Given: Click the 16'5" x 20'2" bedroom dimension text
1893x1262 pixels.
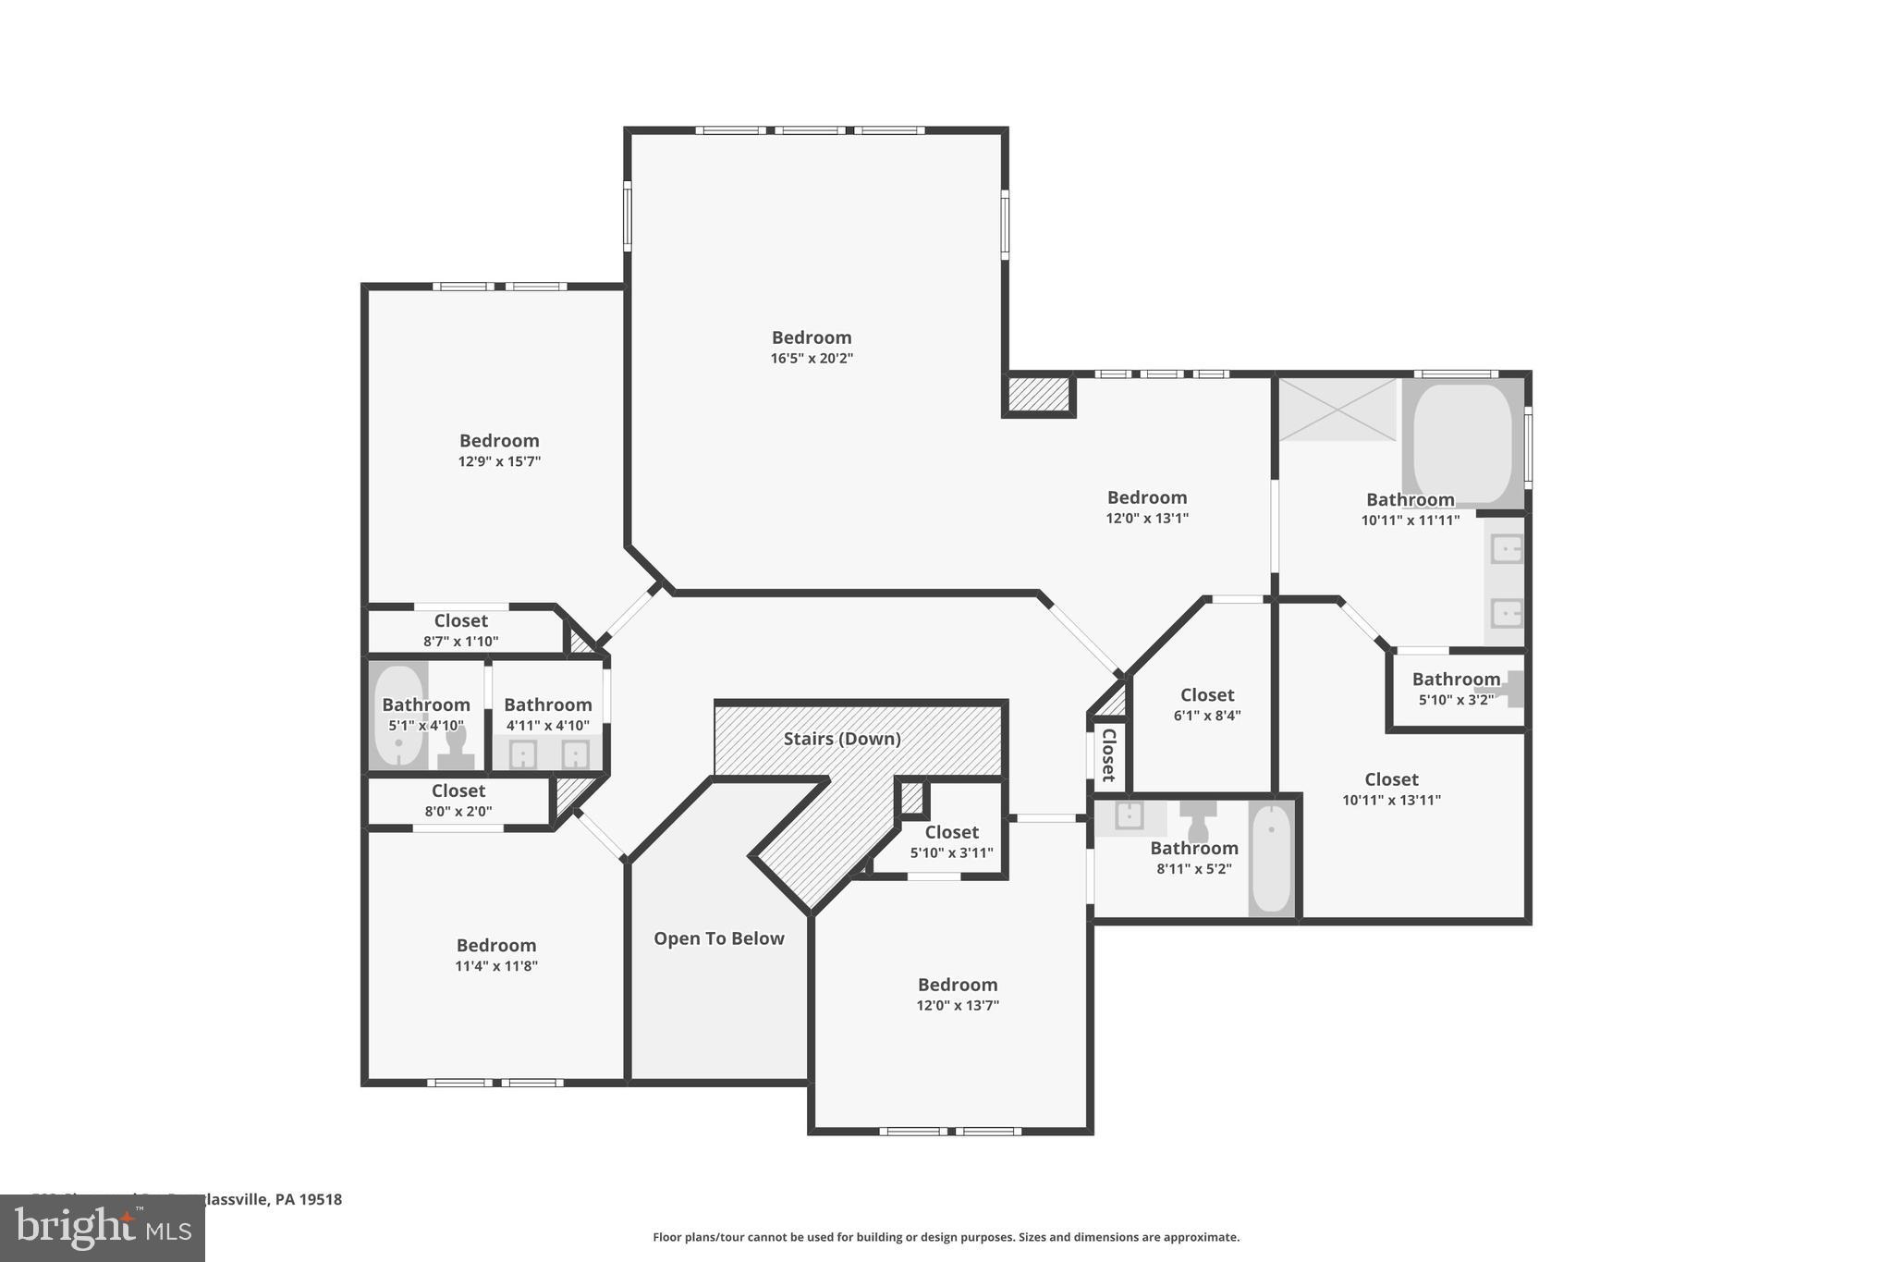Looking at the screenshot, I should pyautogui.click(x=812, y=359).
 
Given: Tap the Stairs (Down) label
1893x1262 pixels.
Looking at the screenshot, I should pyautogui.click(x=841, y=739).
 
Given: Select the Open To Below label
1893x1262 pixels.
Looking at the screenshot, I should pyautogui.click(x=718, y=938).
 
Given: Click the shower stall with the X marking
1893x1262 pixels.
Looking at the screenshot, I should pyautogui.click(x=1337, y=409).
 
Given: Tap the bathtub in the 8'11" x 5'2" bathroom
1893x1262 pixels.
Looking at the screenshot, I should pyautogui.click(x=1272, y=859).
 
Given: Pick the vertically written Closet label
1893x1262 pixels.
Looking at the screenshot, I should pyautogui.click(x=1108, y=754).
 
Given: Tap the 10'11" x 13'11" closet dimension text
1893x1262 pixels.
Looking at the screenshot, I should pyautogui.click(x=1391, y=801).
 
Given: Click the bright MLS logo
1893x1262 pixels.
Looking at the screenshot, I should pyautogui.click(x=103, y=1228).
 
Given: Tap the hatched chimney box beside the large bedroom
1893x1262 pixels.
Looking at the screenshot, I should pyautogui.click(x=1039, y=395).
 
